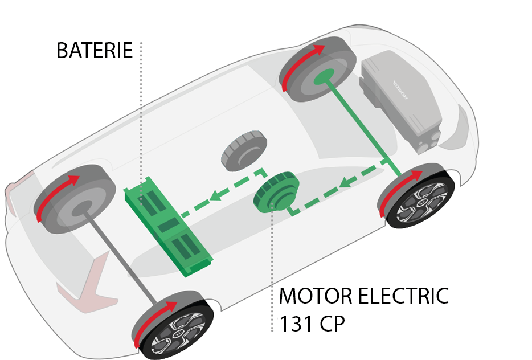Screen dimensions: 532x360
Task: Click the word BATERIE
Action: click(x=95, y=51)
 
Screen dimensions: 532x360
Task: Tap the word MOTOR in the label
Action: click(x=316, y=296)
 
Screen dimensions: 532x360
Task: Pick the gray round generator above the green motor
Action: click(x=244, y=150)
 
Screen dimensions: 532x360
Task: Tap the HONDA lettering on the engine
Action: click(x=400, y=90)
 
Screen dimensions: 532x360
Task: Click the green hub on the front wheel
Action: click(x=324, y=77)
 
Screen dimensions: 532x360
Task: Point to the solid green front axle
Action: click(x=363, y=125)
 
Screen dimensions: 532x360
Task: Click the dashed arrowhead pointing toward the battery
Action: click(x=216, y=196)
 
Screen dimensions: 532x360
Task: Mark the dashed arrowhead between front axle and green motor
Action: click(x=346, y=182)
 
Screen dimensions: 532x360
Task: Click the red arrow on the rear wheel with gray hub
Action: click(x=55, y=195)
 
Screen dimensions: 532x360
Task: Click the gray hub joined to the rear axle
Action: click(x=81, y=208)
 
